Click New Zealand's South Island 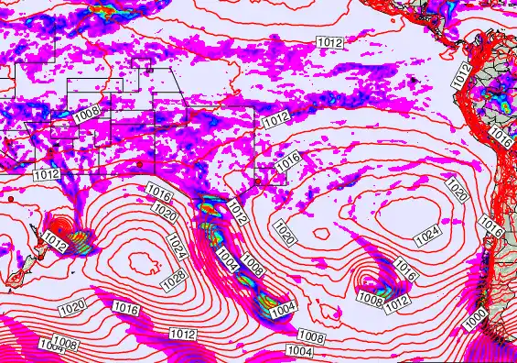tap(17, 274)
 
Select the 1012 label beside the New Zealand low tap(56, 245)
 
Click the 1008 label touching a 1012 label tap(370, 299)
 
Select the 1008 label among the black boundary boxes tap(88, 115)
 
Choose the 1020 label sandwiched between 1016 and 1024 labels tap(166, 214)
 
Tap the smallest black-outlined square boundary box tap(142, 67)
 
